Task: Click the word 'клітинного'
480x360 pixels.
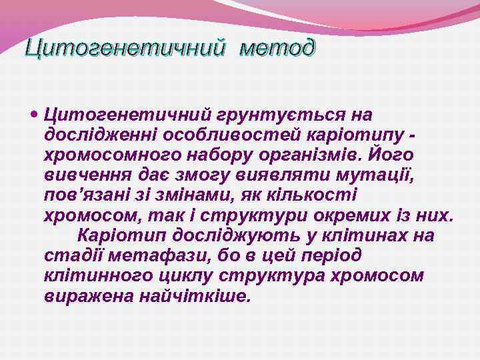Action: click(95, 275)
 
